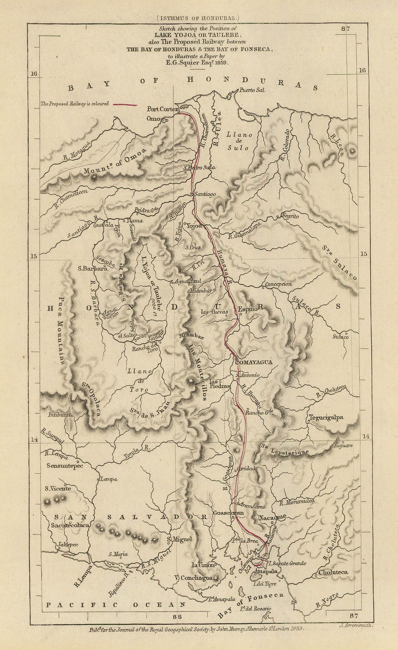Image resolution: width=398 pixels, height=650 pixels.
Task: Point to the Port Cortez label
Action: (x=160, y=109)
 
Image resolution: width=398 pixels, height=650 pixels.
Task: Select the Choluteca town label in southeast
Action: (x=334, y=572)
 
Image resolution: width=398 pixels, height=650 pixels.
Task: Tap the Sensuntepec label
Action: (x=65, y=466)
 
